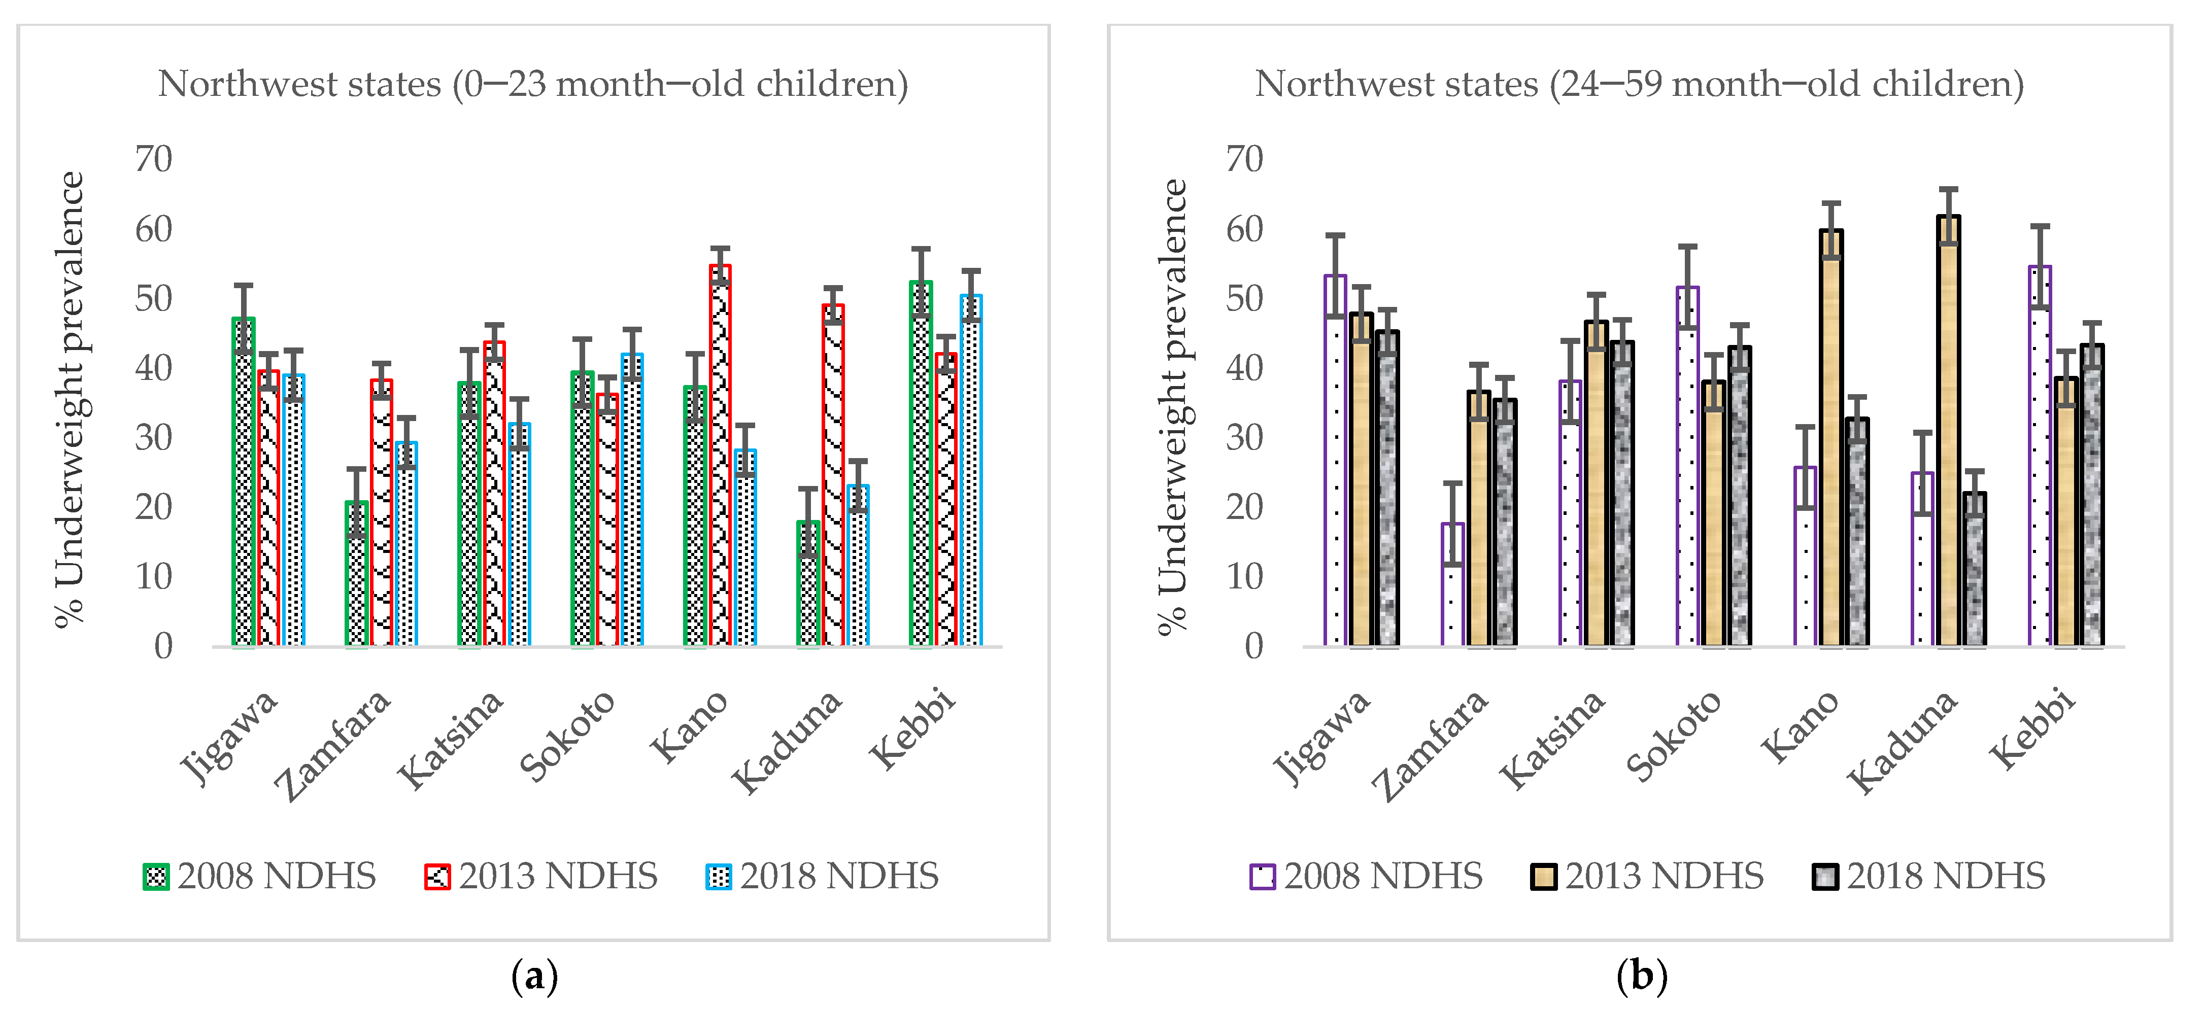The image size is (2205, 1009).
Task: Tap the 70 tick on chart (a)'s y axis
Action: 154,159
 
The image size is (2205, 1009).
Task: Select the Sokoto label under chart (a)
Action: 567,736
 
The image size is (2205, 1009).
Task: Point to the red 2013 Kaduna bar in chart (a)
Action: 833,475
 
